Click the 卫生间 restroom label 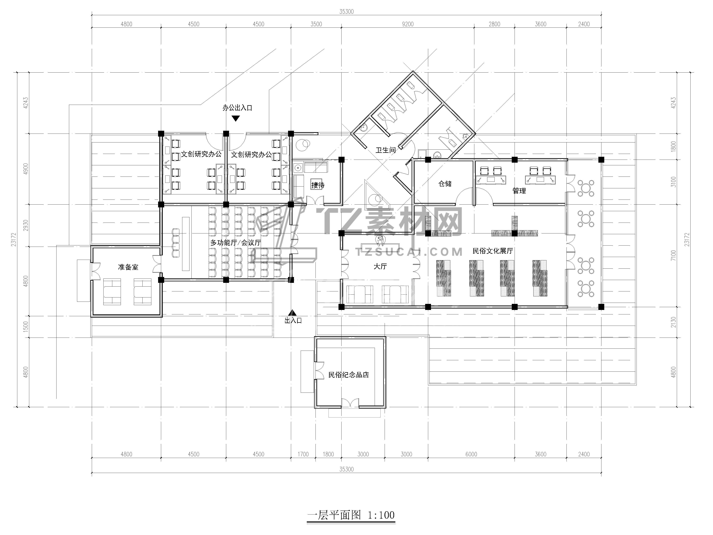click(386, 150)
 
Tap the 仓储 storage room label click(445, 184)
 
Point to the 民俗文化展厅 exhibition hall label click(493, 251)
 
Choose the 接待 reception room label click(318, 185)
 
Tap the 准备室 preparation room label click(128, 267)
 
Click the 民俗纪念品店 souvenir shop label click(348, 375)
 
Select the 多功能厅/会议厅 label click(236, 243)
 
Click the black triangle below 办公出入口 click(236, 119)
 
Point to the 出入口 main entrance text click(293, 320)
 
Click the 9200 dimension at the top click(408, 24)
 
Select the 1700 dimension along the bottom click(303, 454)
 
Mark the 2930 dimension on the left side click(26, 225)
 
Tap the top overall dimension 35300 click(347, 12)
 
